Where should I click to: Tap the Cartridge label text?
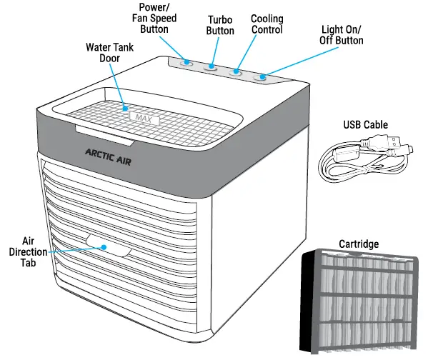pos(358,244)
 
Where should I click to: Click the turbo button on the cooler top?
pos(212,68)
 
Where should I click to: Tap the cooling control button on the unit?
pos(235,72)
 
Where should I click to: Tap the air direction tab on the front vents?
pos(107,249)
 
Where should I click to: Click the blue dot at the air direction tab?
pos(104,247)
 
